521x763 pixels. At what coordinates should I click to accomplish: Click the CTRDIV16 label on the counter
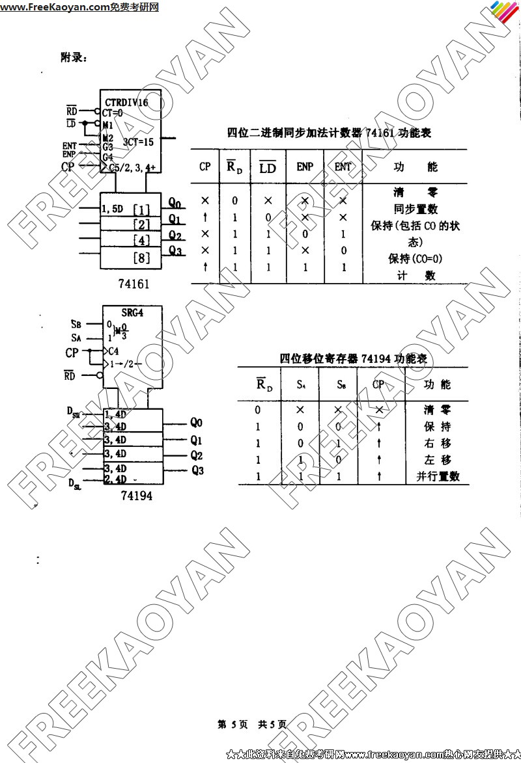point(126,103)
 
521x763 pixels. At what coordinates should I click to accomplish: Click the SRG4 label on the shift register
point(132,312)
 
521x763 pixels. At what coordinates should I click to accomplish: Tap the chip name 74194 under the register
point(137,496)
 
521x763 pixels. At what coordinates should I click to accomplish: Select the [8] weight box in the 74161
point(141,258)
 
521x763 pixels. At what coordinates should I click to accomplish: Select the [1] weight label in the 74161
point(141,209)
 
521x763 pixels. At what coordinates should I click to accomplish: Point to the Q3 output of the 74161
point(175,250)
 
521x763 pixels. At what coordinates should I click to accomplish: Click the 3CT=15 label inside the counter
point(139,141)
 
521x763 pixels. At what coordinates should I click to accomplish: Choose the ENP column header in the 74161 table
point(305,167)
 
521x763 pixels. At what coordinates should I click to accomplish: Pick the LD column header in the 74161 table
point(268,168)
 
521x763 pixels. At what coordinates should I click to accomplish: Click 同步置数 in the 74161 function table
point(415,209)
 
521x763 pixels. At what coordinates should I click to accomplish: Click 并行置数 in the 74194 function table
point(438,476)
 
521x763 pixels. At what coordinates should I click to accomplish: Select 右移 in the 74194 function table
point(438,443)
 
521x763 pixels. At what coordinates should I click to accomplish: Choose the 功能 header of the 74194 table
point(437,384)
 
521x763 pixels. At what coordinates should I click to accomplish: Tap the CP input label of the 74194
point(72,353)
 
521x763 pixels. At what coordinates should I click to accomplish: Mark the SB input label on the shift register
point(76,324)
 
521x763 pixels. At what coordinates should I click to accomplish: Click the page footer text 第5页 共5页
point(251,724)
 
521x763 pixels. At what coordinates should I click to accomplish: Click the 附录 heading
point(74,58)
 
